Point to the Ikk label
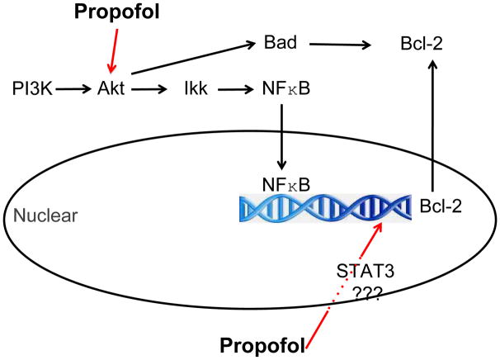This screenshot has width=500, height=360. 196,86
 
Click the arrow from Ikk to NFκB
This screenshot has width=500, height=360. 233,87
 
